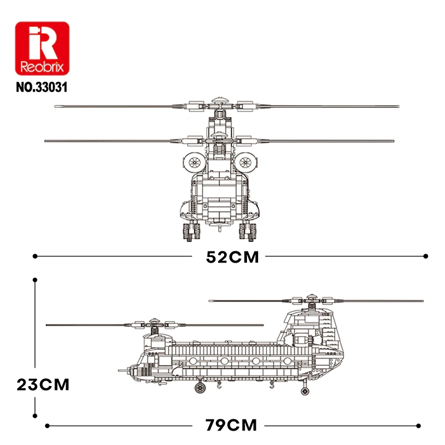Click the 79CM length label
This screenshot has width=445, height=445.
(x=231, y=426)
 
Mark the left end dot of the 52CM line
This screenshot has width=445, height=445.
(x=35, y=256)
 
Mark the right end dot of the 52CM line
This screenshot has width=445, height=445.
(x=426, y=256)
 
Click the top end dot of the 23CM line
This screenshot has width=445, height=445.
(x=35, y=280)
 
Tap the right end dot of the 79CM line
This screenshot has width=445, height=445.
(x=417, y=426)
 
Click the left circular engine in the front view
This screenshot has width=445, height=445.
(x=195, y=162)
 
